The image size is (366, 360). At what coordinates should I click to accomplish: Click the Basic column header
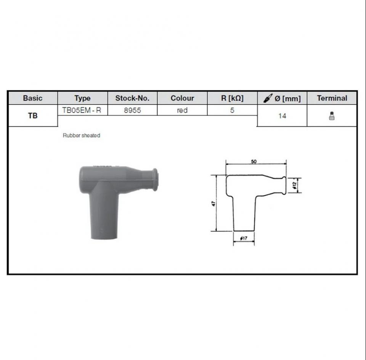pos(33,98)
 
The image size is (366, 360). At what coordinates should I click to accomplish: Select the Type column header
pos(82,98)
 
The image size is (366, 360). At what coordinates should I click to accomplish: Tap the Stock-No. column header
pos(132,98)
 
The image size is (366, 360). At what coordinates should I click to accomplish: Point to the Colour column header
pos(182,98)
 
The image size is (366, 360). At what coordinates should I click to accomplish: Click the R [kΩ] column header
pos(232,98)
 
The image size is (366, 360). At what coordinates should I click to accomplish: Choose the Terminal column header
pos(332,98)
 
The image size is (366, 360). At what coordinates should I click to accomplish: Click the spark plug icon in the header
pos(268,98)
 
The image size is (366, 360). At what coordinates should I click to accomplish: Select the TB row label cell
pos(33,116)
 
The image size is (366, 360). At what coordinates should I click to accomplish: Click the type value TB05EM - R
pos(82,110)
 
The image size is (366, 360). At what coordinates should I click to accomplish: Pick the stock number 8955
pos(132,110)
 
